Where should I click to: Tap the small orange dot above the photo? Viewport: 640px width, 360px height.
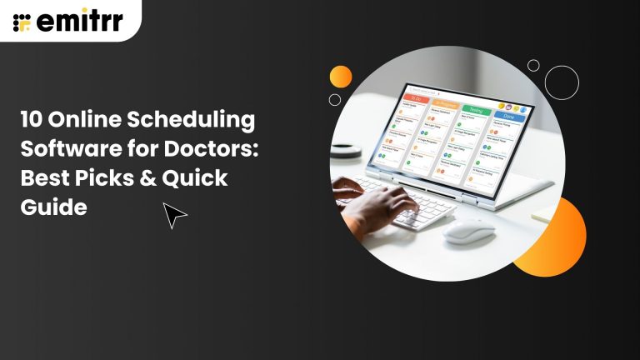pyautogui.click(x=341, y=77)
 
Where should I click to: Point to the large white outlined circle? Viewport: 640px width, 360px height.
pyautogui.click(x=562, y=82)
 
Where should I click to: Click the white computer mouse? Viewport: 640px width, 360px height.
pyautogui.click(x=468, y=230)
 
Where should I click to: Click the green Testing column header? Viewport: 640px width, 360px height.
pyautogui.click(x=476, y=108)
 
